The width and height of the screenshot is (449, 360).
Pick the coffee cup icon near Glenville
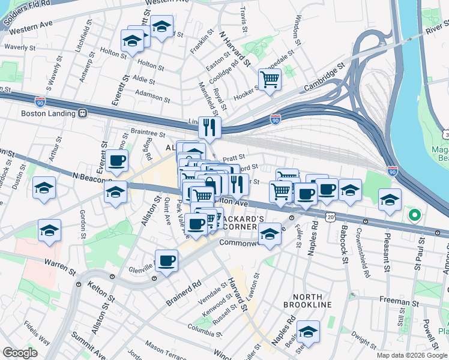167,261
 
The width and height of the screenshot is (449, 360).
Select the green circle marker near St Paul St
413,214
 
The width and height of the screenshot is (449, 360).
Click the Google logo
20,353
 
